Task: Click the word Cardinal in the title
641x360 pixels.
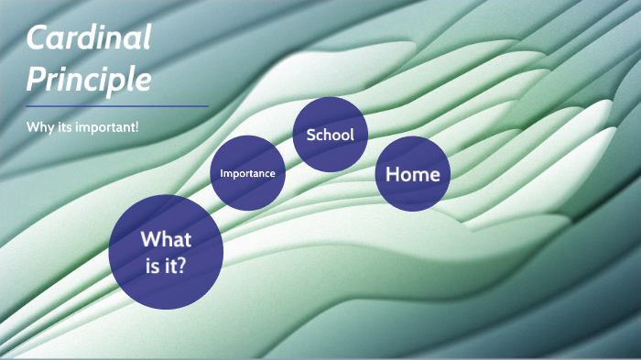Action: [x=89, y=39]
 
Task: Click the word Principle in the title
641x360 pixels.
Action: [x=89, y=80]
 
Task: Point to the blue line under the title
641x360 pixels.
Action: [x=117, y=106]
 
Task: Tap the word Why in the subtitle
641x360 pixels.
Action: [x=38, y=125]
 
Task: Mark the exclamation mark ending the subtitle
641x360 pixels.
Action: [x=137, y=125]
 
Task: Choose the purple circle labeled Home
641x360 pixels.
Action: [x=412, y=174]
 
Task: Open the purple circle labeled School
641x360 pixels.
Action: [x=330, y=135]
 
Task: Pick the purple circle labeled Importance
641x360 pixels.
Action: [x=247, y=173]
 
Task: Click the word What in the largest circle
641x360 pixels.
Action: [x=166, y=240]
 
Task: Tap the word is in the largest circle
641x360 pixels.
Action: [x=150, y=269]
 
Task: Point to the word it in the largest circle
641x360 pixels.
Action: [x=172, y=269]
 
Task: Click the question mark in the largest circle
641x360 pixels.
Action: [x=186, y=269]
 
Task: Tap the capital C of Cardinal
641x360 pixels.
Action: [x=38, y=39]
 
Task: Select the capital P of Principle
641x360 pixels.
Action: [x=36, y=80]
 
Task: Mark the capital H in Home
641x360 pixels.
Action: [x=393, y=174]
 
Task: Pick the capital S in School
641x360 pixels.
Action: [x=310, y=135]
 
